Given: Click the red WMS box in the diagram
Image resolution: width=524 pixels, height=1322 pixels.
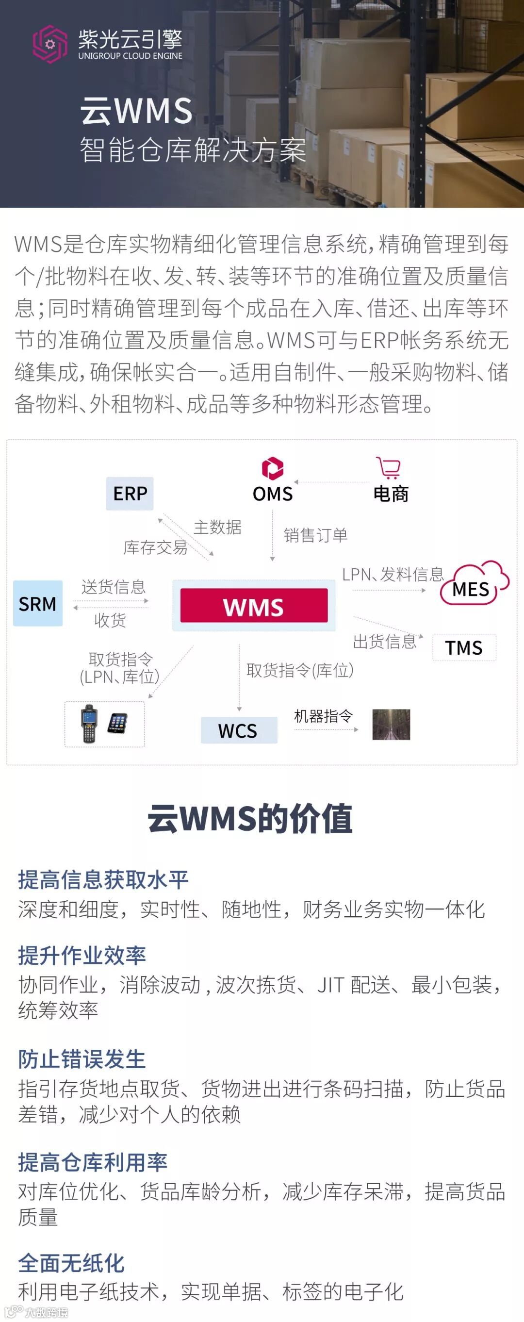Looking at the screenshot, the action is pyautogui.click(x=254, y=606).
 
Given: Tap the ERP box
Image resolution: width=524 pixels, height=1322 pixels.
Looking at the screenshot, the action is pyautogui.click(x=130, y=493).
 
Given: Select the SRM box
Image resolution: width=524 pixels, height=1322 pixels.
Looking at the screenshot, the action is pyautogui.click(x=37, y=604).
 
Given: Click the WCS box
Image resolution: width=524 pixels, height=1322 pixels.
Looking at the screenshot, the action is pyautogui.click(x=238, y=730).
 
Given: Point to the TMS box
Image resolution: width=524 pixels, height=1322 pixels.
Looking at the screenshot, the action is pyautogui.click(x=464, y=648).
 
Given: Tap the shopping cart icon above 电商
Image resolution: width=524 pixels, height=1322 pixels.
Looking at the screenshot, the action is pyautogui.click(x=389, y=467).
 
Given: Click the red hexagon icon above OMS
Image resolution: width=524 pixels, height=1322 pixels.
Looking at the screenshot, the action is pyautogui.click(x=273, y=467).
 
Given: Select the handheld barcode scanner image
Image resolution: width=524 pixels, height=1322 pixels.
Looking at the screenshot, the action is pyautogui.click(x=89, y=724).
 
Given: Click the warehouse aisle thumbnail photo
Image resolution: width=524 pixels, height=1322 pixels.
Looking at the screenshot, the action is pyautogui.click(x=391, y=724).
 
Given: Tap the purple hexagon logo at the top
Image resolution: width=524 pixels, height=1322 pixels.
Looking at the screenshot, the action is pyautogui.click(x=50, y=44).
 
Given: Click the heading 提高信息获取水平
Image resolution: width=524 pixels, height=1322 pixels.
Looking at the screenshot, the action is pyautogui.click(x=103, y=879).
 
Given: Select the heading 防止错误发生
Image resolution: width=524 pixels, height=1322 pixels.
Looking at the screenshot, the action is pyautogui.click(x=82, y=1059).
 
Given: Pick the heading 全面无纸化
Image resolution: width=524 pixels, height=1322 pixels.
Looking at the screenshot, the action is pyautogui.click(x=71, y=1263).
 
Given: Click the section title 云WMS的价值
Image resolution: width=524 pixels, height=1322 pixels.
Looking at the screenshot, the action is pyautogui.click(x=250, y=819).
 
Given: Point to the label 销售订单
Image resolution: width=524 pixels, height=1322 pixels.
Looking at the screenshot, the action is pyautogui.click(x=315, y=535).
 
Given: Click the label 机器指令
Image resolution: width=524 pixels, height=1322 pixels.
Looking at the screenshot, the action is pyautogui.click(x=323, y=716).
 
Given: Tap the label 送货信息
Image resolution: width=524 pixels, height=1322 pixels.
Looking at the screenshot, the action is pyautogui.click(x=114, y=587).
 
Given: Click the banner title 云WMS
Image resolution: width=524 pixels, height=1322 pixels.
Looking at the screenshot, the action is pyautogui.click(x=136, y=111).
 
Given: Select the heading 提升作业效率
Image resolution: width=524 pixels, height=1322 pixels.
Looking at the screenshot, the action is pyautogui.click(x=82, y=956).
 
